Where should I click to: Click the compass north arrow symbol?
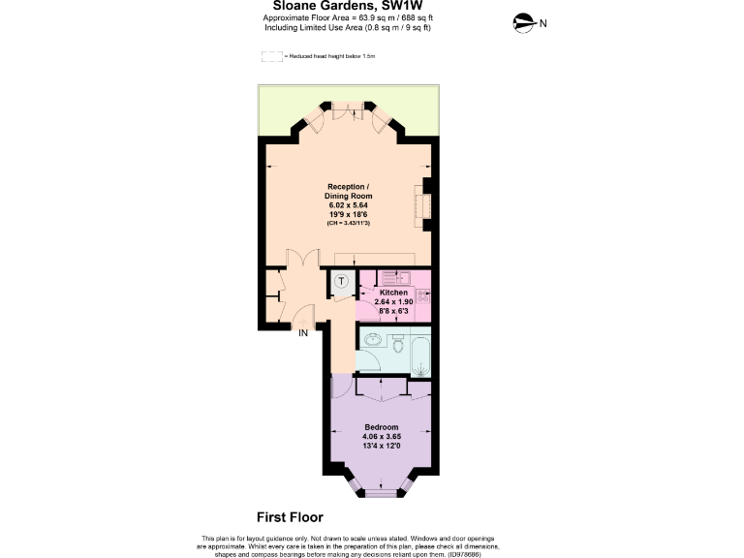tap(524, 22)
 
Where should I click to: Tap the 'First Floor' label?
tap(290, 517)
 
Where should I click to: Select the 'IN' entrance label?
tap(302, 333)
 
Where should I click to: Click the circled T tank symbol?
tap(343, 282)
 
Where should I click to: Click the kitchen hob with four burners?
tap(423, 294)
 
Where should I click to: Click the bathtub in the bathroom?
tap(422, 355)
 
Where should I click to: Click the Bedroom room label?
tap(381, 427)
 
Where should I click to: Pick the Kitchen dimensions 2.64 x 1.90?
tap(394, 302)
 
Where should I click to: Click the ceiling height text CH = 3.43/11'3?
tap(347, 223)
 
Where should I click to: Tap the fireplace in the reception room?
tap(422, 204)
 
